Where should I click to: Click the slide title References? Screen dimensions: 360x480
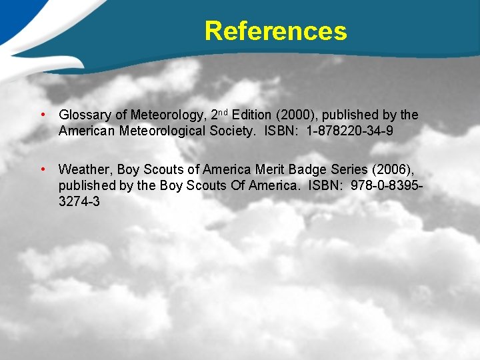click(x=275, y=31)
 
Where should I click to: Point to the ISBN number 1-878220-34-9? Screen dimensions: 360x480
click(x=350, y=131)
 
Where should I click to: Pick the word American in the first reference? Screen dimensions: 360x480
click(x=87, y=131)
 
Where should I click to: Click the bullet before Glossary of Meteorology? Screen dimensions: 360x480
click(x=43, y=115)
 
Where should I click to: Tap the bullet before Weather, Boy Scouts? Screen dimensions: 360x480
click(x=43, y=169)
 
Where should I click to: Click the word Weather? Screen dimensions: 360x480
click(x=85, y=170)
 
